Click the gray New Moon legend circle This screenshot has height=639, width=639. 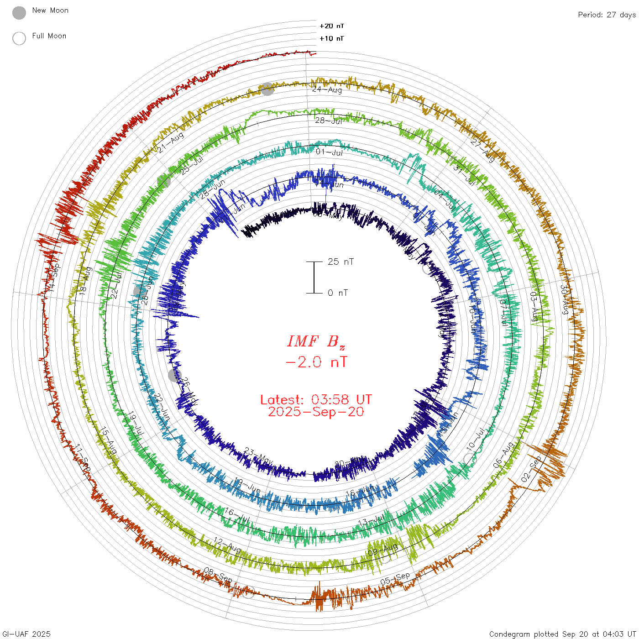point(19,13)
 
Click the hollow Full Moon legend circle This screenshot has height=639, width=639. point(19,38)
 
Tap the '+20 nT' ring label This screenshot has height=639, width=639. point(332,26)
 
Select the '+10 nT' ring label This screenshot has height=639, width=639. point(332,38)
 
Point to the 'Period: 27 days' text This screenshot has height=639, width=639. point(607,15)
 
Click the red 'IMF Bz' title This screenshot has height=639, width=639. point(316,341)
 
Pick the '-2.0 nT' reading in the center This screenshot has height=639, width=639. point(316,362)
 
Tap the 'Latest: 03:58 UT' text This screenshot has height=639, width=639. point(316,400)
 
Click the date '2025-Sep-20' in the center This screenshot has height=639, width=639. point(316,412)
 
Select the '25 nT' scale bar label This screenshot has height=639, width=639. point(340,262)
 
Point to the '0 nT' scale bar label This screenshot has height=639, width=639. point(338,293)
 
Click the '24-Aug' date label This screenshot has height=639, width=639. point(327,89)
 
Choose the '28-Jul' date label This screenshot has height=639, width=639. point(329,120)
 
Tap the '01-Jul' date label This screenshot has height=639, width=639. point(329,152)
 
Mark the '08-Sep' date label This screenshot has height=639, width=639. point(218,575)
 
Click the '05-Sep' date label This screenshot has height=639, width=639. point(395,579)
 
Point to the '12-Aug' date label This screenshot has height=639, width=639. point(227,545)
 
